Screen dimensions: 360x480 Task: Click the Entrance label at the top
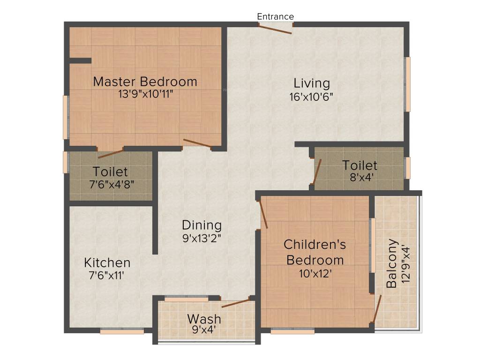click(x=275, y=16)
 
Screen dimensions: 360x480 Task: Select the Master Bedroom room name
click(x=145, y=82)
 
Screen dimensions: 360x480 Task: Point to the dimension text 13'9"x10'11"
click(x=146, y=94)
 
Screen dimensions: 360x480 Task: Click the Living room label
click(x=312, y=83)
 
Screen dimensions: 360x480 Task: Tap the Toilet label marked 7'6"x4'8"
click(x=110, y=172)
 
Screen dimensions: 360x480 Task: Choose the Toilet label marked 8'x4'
click(x=360, y=165)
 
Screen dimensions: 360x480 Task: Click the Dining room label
click(x=202, y=225)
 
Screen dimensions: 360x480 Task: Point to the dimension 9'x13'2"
click(x=202, y=238)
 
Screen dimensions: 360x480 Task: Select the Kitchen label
click(x=107, y=262)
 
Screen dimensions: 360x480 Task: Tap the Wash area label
click(x=204, y=319)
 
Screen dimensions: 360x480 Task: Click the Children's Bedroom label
click(x=315, y=252)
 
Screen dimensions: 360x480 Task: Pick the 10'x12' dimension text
click(x=315, y=273)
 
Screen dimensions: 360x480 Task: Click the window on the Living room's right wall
click(x=408, y=84)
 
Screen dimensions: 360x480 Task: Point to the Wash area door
click(x=236, y=303)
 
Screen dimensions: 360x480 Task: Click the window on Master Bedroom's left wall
click(x=66, y=117)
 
